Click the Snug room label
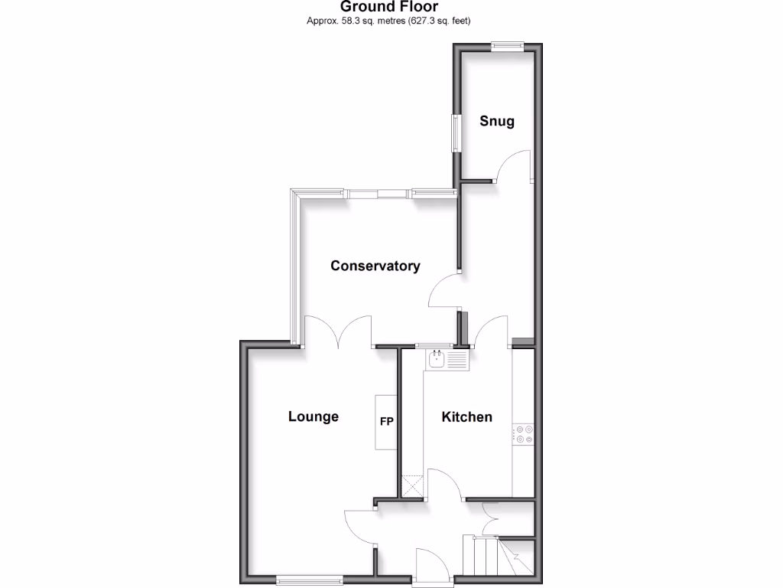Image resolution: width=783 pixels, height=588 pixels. tap(496, 121)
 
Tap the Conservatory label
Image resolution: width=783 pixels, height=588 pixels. tap(375, 266)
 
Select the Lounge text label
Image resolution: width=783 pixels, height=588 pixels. tap(313, 416)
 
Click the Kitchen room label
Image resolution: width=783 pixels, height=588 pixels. tap(466, 416)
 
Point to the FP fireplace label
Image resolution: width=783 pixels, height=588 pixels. tap(386, 420)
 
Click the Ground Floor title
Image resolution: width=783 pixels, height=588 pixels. tap(389, 7)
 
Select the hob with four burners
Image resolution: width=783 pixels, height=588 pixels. tap(524, 434)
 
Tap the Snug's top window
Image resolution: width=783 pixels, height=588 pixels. tap(507, 46)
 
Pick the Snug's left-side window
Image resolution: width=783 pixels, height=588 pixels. tap(456, 132)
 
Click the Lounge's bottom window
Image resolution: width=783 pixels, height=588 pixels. tap(309, 580)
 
